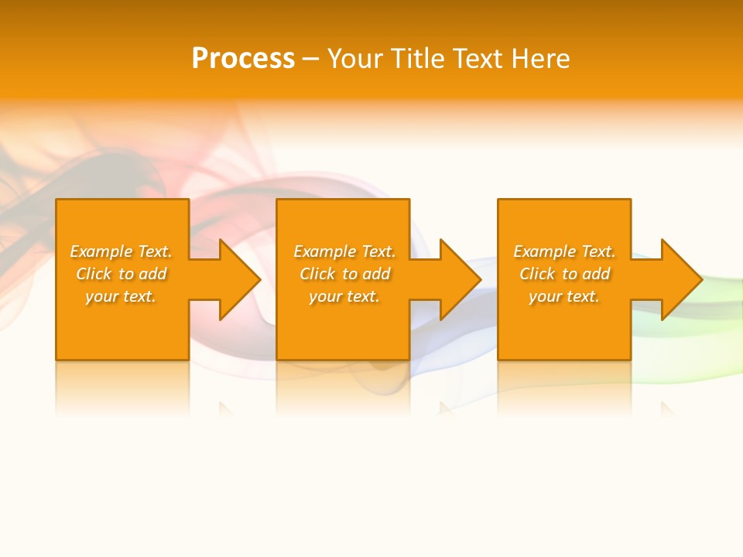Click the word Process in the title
243,59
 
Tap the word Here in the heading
541,59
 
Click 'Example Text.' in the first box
122,251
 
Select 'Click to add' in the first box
122,274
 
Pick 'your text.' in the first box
122,296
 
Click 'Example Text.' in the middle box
344,251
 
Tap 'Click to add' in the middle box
344,274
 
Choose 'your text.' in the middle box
344,296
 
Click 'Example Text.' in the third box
564,251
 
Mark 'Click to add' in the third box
564,274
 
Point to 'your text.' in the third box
564,296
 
